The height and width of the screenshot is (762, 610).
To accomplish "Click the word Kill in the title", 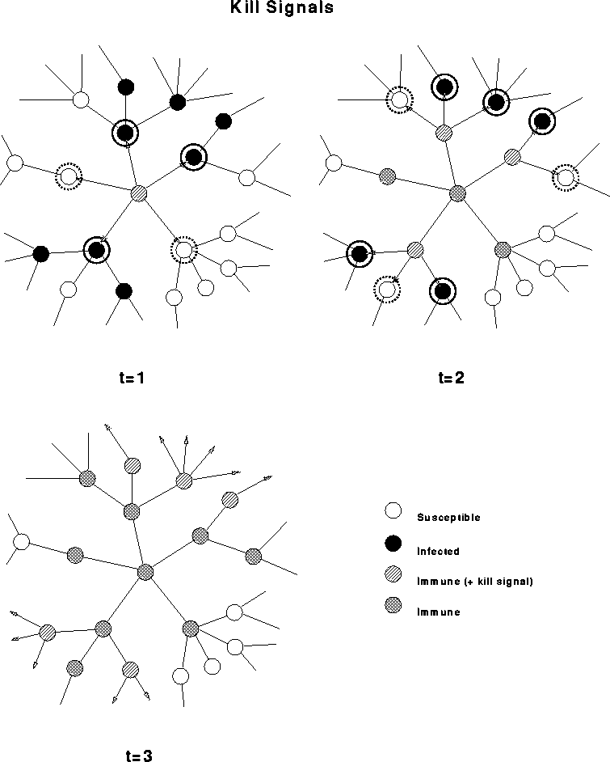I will click(x=242, y=9).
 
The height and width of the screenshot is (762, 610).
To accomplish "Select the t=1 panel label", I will click(x=131, y=377).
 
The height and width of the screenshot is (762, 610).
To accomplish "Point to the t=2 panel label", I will click(x=452, y=377).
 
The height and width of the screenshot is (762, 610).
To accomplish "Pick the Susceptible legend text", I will click(x=448, y=518).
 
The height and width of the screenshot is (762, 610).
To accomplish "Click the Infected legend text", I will click(x=438, y=552).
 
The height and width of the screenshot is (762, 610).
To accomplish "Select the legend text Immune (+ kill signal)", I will click(x=474, y=582).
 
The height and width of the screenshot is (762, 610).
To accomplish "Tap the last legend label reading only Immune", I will click(x=438, y=612).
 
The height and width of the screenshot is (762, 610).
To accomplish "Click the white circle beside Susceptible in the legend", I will click(x=393, y=511).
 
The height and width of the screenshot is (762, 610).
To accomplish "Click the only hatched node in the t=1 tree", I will click(x=140, y=193).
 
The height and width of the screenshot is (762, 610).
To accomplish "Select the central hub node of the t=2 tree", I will click(x=458, y=193).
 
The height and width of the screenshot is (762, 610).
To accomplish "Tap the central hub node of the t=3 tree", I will click(x=145, y=572).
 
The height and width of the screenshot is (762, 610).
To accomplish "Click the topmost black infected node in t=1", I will click(x=125, y=86).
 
